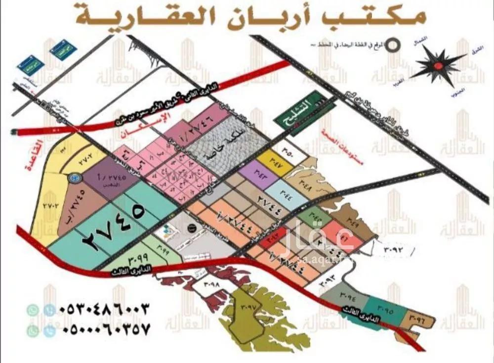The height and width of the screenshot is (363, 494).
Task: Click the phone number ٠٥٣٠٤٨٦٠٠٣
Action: tap(104, 310)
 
